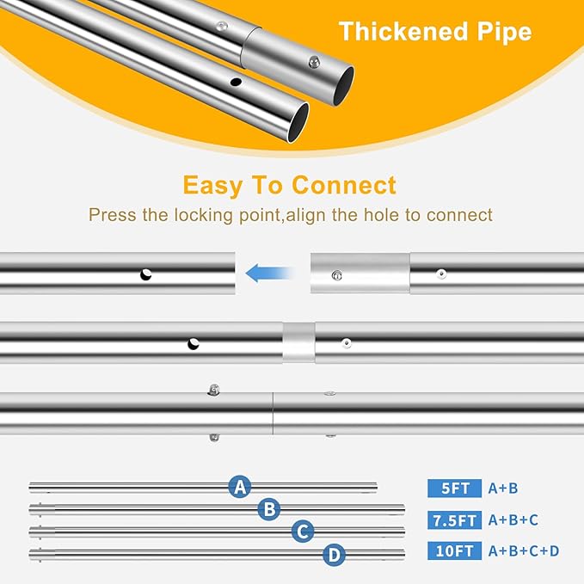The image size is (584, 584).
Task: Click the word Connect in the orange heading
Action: [343, 185]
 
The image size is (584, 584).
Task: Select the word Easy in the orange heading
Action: [212, 186]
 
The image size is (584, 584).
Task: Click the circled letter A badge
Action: [239, 487]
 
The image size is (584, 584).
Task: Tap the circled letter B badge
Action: [269, 509]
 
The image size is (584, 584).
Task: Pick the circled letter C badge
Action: [303, 532]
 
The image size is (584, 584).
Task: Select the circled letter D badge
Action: [334, 555]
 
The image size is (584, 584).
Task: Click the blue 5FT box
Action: [454, 488]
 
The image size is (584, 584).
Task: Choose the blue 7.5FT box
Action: [454, 520]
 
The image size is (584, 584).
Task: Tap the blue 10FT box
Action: [454, 550]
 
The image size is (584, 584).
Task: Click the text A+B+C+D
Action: [524, 550]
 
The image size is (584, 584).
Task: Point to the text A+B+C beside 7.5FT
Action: [513, 520]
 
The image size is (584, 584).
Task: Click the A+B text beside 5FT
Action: [503, 488]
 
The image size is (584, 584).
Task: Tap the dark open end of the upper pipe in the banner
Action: [343, 86]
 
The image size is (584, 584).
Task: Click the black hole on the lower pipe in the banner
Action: [236, 82]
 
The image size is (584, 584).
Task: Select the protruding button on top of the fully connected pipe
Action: [213, 390]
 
